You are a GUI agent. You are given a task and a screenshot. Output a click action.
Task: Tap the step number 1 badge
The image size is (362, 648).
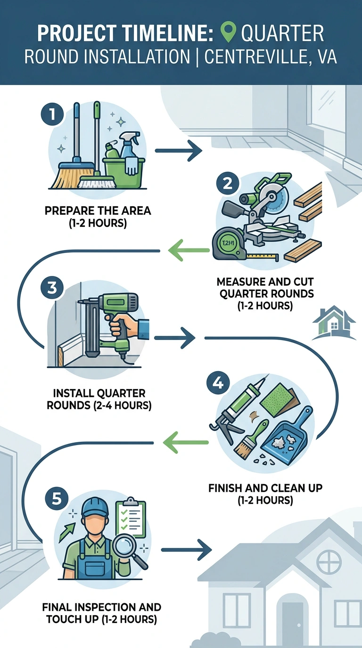[52, 114]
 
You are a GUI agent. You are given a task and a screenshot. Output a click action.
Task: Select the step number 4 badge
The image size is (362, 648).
[218, 383]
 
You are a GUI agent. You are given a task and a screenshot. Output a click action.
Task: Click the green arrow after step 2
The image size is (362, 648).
[189, 250]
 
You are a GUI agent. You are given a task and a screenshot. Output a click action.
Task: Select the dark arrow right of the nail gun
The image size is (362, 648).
[174, 338]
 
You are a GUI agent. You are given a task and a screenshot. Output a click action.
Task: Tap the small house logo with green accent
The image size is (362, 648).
[335, 322]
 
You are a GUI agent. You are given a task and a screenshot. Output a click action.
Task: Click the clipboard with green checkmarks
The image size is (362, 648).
[131, 518]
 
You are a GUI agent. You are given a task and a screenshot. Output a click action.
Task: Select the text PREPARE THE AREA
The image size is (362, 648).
[98, 211]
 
